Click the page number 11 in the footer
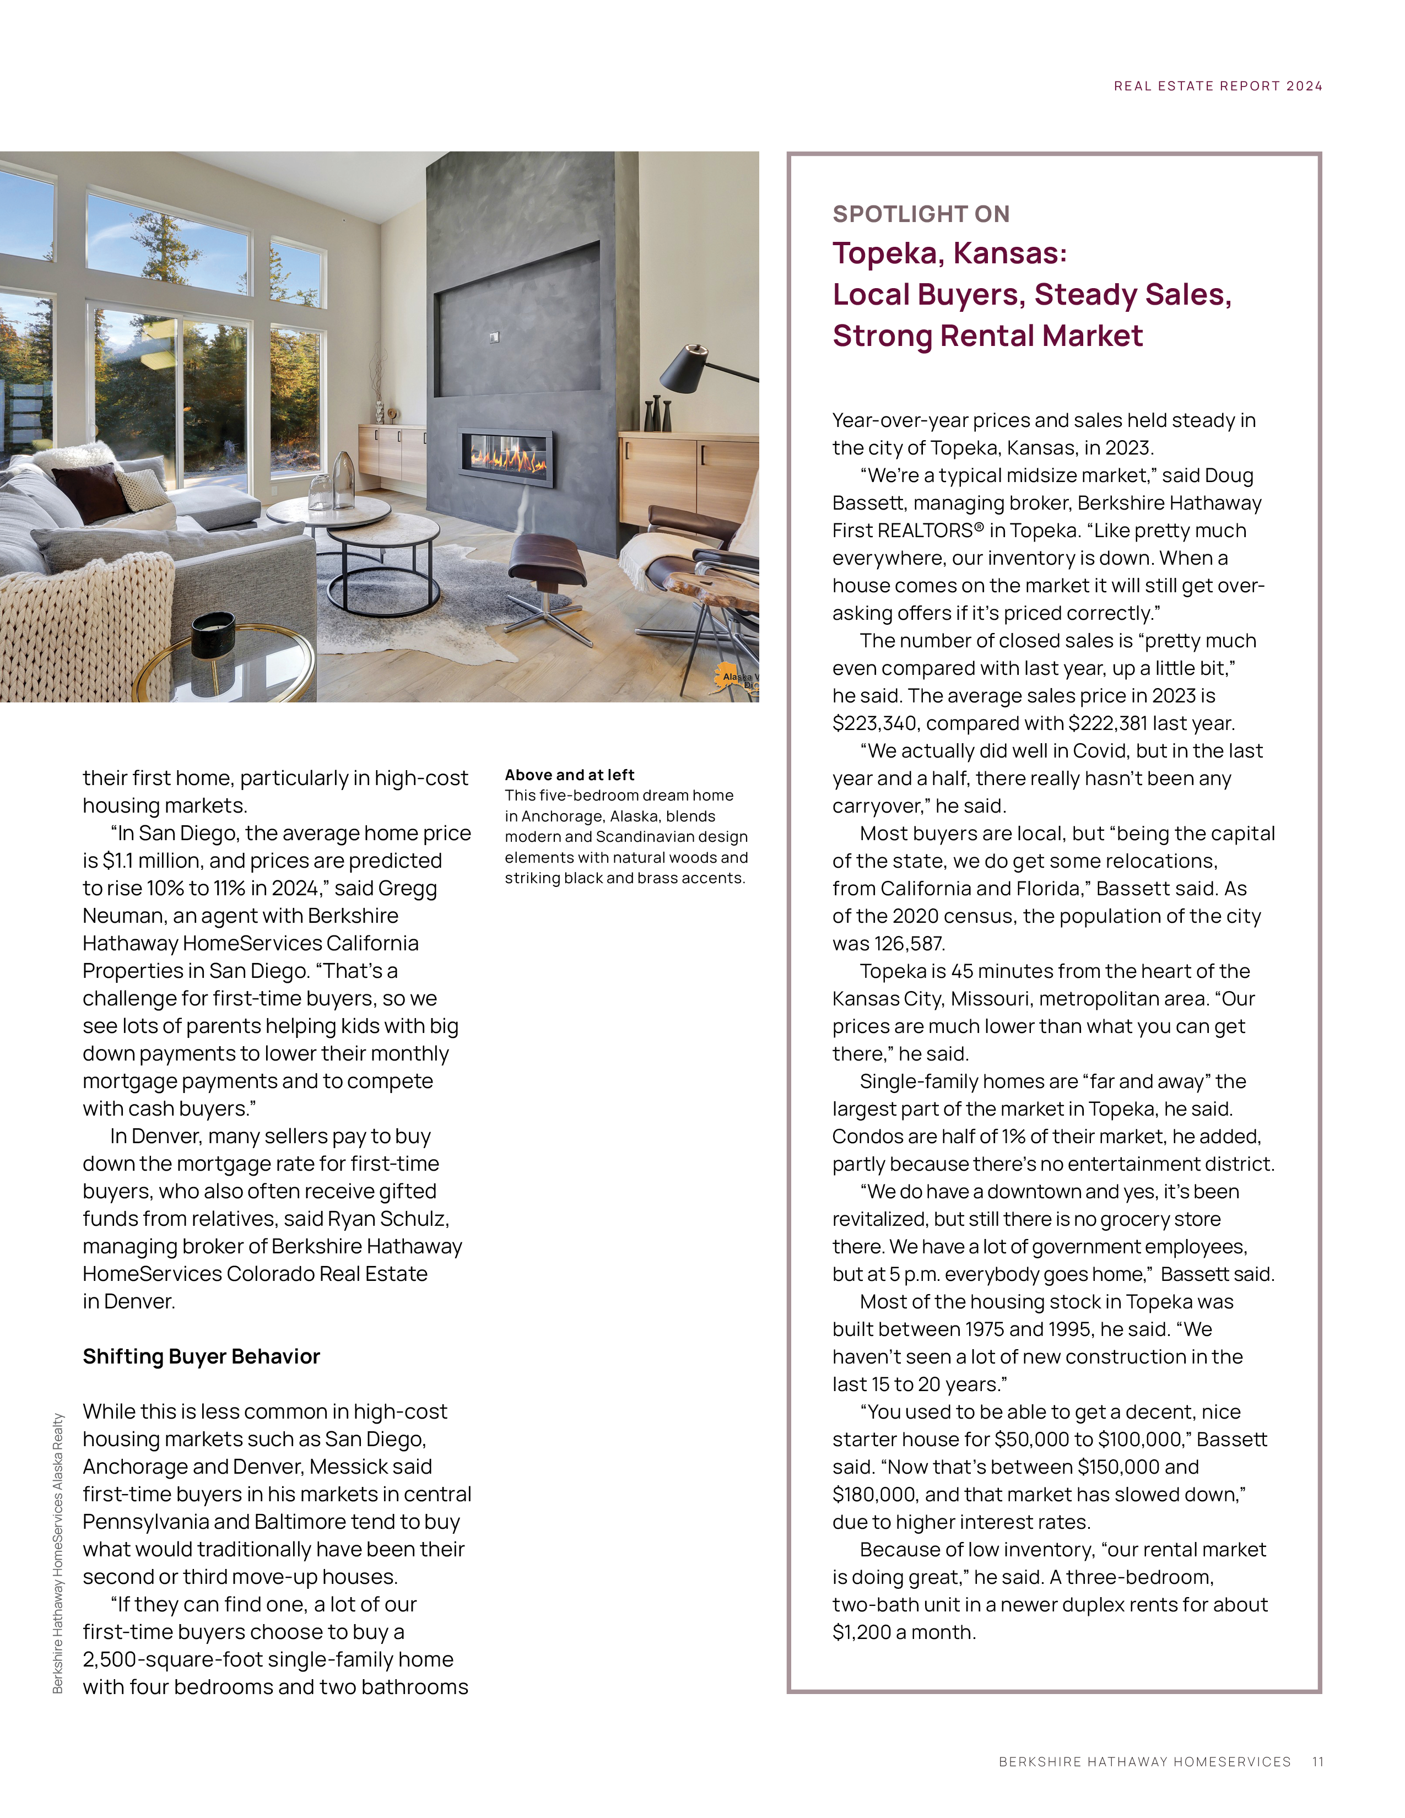1317,1761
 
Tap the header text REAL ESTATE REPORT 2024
1218,86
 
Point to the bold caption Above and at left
569,774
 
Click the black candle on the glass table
213,632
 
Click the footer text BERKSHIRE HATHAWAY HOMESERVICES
1144,1761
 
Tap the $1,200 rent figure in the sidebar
861,1632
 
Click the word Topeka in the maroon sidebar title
885,253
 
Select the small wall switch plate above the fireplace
494,337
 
